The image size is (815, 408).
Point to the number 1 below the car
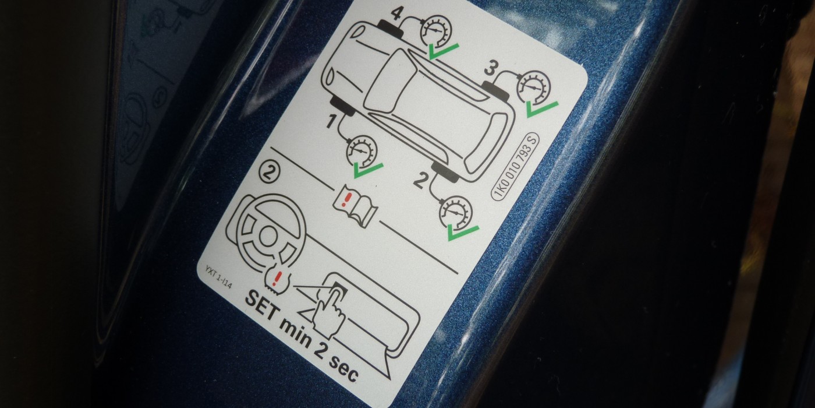pos(331,121)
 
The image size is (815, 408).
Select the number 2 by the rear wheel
pos(420,180)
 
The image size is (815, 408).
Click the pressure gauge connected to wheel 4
pos(436,31)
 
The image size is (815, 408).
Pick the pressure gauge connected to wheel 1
pos(361,152)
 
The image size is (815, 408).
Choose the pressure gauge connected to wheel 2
pos(456,213)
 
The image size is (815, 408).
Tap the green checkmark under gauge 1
pos(368,170)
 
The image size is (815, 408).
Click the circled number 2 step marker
pos(270,173)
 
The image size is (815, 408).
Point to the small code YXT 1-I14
pos(218,277)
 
